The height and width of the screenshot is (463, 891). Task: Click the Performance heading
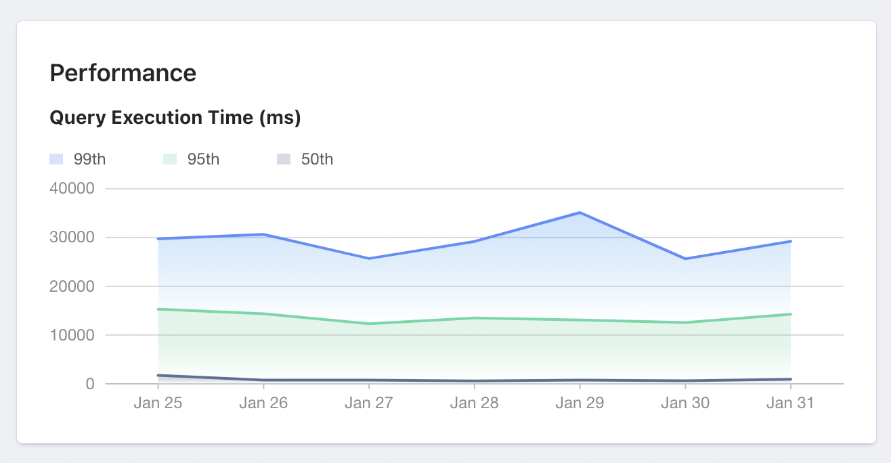coord(123,73)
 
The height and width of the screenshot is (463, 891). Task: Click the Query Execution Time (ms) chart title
coord(175,118)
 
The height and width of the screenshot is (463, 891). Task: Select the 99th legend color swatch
coord(56,160)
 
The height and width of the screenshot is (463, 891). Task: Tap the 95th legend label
coord(203,160)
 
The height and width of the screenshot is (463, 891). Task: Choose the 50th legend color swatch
coord(284,160)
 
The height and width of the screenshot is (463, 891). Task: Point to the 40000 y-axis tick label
coord(71,188)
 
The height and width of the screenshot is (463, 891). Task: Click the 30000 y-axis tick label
coord(71,238)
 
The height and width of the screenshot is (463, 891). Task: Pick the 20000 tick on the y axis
coord(71,286)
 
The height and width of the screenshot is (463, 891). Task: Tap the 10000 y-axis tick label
coord(71,335)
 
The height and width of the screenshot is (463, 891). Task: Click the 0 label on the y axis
coord(90,384)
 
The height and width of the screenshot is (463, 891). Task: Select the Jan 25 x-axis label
coord(158,403)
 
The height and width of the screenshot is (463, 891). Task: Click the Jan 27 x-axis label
coord(368,403)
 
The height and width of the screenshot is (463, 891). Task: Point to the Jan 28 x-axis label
coord(474,403)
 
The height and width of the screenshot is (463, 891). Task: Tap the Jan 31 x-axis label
coord(790,403)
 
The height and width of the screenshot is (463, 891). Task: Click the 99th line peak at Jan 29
coord(580,213)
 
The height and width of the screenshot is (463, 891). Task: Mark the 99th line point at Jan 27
coord(368,259)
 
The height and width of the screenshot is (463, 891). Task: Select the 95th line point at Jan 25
coord(158,309)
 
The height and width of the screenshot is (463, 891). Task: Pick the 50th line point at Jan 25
coord(158,376)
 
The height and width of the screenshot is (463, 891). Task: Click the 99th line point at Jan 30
coord(685,259)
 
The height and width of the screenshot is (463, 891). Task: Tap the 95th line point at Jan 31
coord(790,314)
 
